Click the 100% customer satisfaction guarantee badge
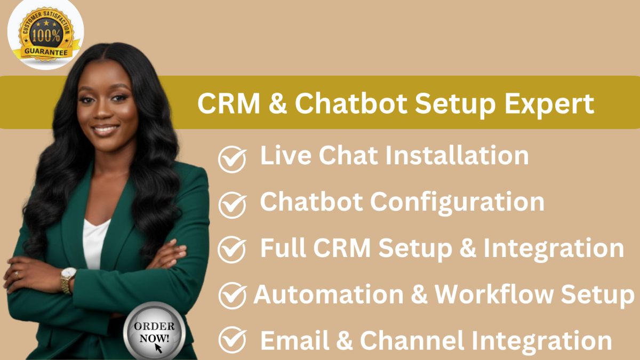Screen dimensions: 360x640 point(45,35)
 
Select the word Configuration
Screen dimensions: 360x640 point(457,202)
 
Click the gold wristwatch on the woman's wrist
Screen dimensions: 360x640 point(68,279)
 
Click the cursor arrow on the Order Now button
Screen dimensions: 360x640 point(158,347)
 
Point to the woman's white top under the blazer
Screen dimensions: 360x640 point(94,243)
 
